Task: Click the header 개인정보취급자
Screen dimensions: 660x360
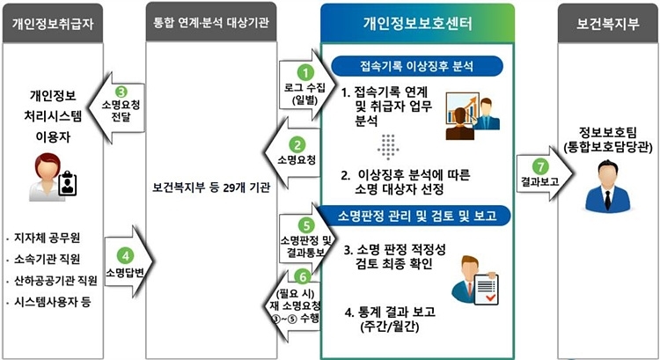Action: [x=53, y=23]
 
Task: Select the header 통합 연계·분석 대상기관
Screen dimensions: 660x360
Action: [x=211, y=22]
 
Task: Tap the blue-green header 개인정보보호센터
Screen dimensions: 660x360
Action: [x=417, y=23]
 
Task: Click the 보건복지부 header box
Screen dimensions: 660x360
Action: [x=608, y=23]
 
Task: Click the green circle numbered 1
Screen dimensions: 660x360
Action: [x=305, y=72]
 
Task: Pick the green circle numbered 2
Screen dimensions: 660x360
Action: [x=297, y=145]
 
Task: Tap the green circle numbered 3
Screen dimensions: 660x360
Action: [x=121, y=92]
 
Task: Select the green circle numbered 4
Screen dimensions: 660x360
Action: [x=125, y=255]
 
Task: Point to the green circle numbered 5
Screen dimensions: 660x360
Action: [x=306, y=224]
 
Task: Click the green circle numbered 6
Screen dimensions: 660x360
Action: [x=303, y=276]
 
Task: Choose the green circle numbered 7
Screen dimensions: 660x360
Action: [x=540, y=166]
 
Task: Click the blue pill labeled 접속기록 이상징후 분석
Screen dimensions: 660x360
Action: [x=417, y=66]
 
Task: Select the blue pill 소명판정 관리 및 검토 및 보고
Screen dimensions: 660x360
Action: [x=417, y=216]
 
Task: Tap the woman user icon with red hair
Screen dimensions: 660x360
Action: [x=53, y=177]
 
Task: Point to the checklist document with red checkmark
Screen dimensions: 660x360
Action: [x=486, y=290]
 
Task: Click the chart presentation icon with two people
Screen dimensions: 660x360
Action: [x=473, y=116]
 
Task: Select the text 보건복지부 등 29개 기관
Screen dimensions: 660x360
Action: [x=211, y=187]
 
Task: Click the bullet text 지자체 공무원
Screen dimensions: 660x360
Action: [x=48, y=238]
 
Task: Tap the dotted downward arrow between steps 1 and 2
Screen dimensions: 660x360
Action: [x=388, y=147]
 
